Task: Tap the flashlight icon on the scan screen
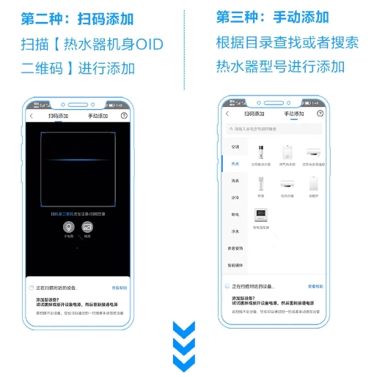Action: pyautogui.click(x=68, y=228)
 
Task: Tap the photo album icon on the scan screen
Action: pyautogui.click(x=87, y=228)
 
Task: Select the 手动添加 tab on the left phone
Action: pyautogui.click(x=97, y=116)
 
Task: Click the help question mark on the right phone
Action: pyautogui.click(x=319, y=113)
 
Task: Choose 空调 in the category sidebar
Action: pyautogui.click(x=235, y=146)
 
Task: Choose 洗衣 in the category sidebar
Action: pyautogui.click(x=235, y=180)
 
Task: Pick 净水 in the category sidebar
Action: pyautogui.click(x=235, y=231)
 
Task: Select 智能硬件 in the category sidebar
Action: pyautogui.click(x=235, y=264)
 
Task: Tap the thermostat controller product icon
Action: pyautogui.click(x=261, y=214)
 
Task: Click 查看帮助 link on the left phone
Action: pyautogui.click(x=119, y=288)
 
